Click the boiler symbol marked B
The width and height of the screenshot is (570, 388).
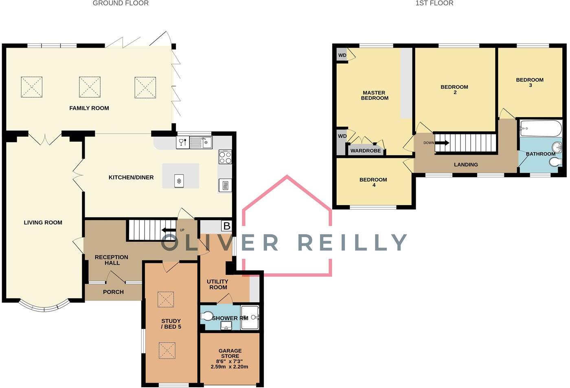point(226,226)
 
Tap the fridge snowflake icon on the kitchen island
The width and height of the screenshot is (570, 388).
point(179,181)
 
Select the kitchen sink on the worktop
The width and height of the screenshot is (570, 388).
point(202,142)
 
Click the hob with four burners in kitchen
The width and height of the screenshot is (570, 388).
point(225,157)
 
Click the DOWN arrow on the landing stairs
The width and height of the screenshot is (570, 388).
point(442,143)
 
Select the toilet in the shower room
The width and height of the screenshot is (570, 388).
point(206,316)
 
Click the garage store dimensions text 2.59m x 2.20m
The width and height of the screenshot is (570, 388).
point(229,366)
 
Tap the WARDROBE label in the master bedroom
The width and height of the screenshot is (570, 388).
point(366,151)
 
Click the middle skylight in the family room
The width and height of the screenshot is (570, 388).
point(90,87)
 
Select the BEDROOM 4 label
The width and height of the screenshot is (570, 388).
point(373,182)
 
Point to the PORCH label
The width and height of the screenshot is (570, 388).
point(113,292)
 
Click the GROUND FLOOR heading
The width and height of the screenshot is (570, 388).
point(121,3)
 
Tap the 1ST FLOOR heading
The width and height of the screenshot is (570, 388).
point(434,3)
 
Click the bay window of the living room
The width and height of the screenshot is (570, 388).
point(44,307)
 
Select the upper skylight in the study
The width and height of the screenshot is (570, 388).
point(165,299)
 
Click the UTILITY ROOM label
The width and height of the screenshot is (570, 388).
point(218,284)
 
